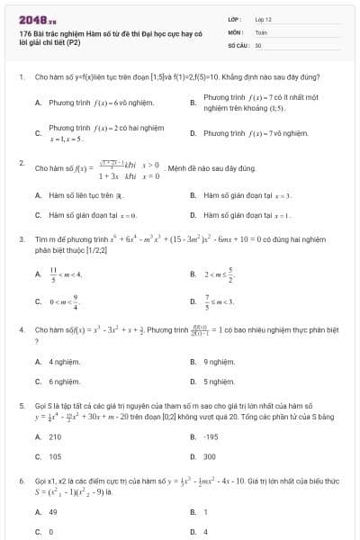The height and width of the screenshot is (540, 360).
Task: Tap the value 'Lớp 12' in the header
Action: tap(264, 19)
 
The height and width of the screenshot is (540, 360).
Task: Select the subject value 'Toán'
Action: tap(262, 31)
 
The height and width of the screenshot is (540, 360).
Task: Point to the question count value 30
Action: tap(258, 44)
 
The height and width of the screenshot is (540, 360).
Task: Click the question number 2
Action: tap(21, 163)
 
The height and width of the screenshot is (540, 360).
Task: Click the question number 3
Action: tap(21, 238)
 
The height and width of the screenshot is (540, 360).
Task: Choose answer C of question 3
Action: tap(72, 302)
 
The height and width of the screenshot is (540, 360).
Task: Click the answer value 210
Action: tap(55, 436)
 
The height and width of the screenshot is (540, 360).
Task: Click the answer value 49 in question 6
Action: tap(53, 511)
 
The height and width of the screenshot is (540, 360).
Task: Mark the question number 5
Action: tap(21, 406)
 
